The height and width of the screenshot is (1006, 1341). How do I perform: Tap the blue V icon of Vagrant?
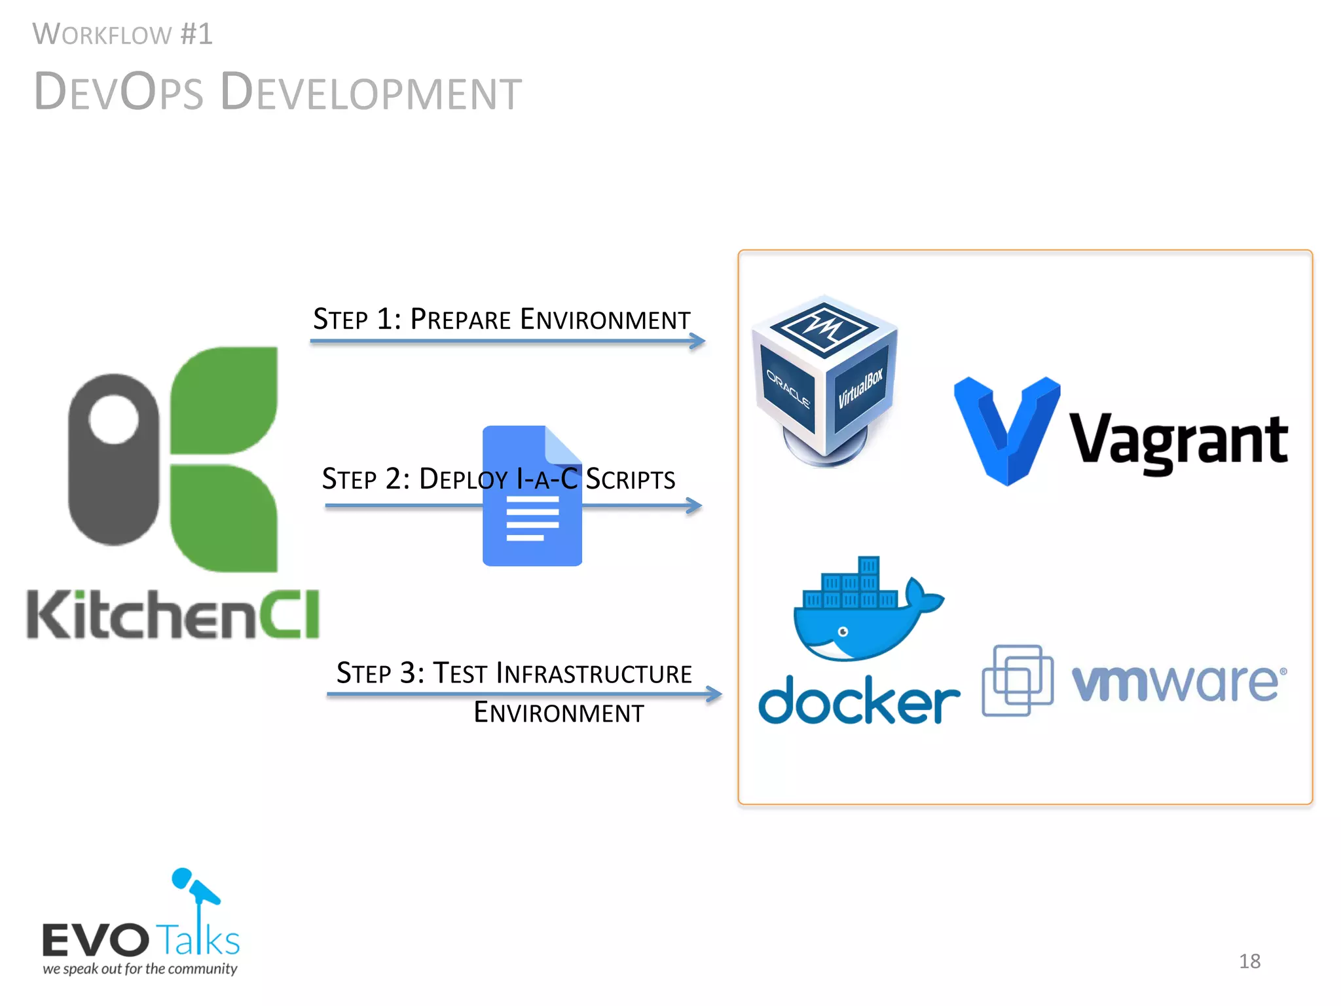click(x=1006, y=429)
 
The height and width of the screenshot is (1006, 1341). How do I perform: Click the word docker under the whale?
click(x=858, y=701)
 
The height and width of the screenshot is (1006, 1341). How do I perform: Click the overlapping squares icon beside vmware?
click(x=1017, y=680)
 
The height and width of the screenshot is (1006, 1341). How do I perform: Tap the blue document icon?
click(x=532, y=496)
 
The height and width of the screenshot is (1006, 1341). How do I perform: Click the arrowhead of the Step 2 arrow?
click(x=695, y=506)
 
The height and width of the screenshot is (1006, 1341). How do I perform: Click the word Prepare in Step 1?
click(x=460, y=320)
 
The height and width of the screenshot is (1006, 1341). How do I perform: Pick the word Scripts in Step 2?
click(x=630, y=479)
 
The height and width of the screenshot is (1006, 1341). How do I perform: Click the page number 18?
click(x=1249, y=961)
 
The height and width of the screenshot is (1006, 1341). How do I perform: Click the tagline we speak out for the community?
click(x=140, y=969)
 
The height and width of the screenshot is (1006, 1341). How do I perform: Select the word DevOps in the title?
click(x=119, y=92)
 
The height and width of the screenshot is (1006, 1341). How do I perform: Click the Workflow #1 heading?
click(x=122, y=34)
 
